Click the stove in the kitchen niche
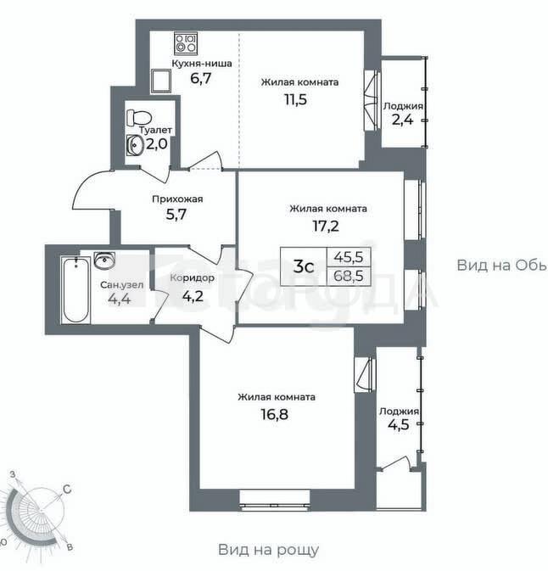click(186, 43)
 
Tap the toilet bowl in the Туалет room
click(139, 117)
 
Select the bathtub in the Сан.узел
click(75, 290)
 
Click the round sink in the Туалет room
click(134, 145)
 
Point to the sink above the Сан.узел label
click(104, 260)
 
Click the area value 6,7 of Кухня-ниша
click(201, 78)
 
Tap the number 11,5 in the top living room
click(296, 99)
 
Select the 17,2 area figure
click(326, 226)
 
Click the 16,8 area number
click(275, 414)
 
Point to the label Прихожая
click(177, 199)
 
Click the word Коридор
click(193, 277)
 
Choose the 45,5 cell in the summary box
click(349, 257)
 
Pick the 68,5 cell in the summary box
click(349, 276)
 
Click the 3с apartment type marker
click(304, 267)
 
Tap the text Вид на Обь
click(501, 265)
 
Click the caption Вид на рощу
click(268, 550)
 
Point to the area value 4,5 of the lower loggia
click(399, 424)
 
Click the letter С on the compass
click(67, 490)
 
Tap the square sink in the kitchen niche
click(161, 81)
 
